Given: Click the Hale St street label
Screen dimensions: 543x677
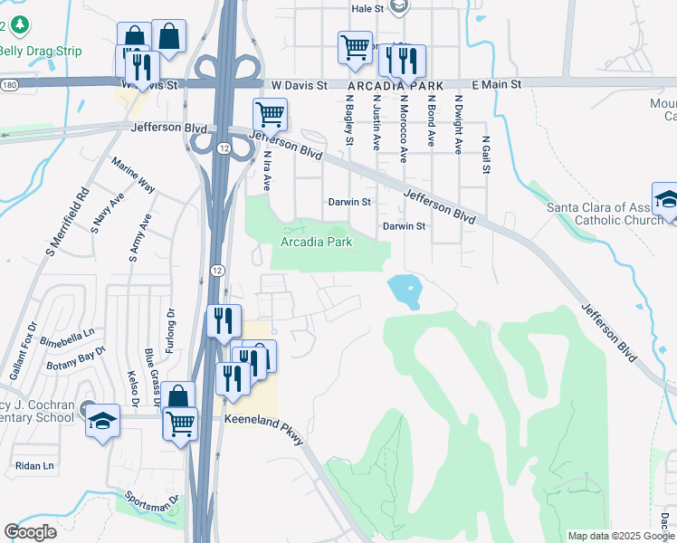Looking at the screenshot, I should [x=367, y=8].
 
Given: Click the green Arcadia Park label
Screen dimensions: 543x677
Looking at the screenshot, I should [x=316, y=243].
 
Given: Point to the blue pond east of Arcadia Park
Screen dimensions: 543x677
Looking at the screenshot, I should [x=405, y=291].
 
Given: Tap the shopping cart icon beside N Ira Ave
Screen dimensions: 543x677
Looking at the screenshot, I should [x=270, y=115].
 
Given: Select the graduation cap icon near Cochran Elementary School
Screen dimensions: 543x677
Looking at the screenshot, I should [x=102, y=420].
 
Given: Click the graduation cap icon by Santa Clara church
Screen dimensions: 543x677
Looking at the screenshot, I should [x=666, y=200].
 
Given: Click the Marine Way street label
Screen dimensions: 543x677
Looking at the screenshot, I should [x=133, y=176].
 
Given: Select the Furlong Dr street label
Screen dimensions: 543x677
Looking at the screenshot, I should [x=169, y=324].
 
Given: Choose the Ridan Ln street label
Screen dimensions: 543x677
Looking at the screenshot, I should [x=34, y=465].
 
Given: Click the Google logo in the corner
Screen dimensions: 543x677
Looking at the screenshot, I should [x=30, y=531].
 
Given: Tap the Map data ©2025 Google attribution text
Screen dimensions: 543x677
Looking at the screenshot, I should [x=620, y=536].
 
